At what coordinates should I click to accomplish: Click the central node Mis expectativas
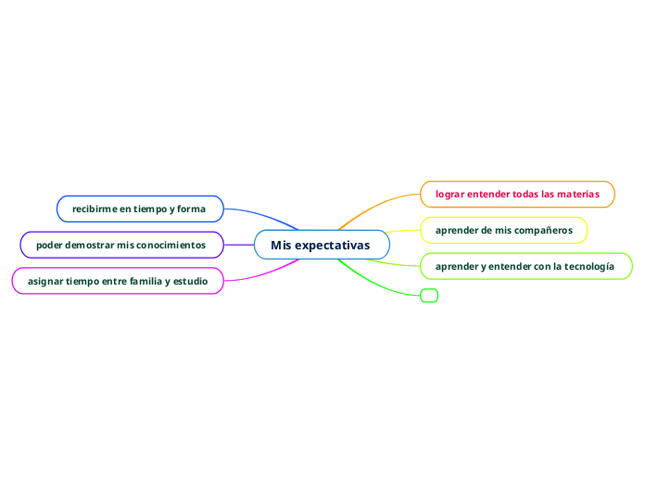tap(321, 245)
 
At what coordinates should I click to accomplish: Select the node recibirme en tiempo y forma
tap(140, 209)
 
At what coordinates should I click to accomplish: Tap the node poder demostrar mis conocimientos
tap(121, 245)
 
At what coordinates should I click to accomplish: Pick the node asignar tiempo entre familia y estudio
tap(118, 280)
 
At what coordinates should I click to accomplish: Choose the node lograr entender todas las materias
tap(517, 194)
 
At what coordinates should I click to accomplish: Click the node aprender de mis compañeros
tap(504, 230)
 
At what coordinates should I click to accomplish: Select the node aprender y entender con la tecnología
tap(525, 266)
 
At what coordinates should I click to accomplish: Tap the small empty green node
tap(429, 296)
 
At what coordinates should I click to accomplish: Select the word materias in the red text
tap(577, 194)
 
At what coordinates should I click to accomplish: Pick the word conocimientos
tap(171, 245)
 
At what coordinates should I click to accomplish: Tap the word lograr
tap(449, 194)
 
